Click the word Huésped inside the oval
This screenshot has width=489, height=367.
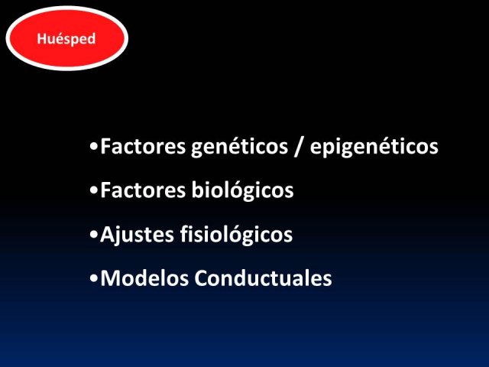66,39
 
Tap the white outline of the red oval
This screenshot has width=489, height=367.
66,8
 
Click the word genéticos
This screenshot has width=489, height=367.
239,146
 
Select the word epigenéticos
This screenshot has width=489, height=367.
374,146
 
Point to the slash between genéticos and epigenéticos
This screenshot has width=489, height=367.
299,146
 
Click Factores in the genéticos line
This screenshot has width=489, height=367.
143,146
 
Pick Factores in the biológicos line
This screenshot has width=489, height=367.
143,190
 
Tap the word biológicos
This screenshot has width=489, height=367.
242,190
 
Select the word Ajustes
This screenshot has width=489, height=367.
137,235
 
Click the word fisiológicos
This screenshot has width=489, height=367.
236,235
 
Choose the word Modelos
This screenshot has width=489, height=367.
144,278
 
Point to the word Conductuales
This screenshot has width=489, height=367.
263,278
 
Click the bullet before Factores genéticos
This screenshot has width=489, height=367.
93,146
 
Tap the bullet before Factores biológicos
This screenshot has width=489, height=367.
93,190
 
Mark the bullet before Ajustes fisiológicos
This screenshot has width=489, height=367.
93,235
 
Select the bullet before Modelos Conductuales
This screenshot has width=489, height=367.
93,278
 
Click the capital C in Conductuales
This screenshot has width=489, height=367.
202,278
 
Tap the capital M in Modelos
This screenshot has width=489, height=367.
110,278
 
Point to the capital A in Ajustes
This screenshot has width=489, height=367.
107,235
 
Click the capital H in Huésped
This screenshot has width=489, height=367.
41,39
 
